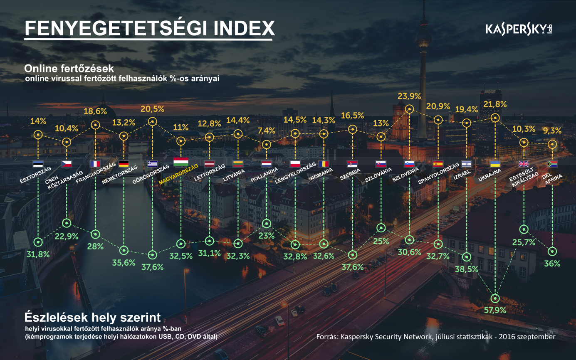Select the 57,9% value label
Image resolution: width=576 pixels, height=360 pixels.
[x=495, y=310]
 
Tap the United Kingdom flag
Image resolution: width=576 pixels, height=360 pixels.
[x=524, y=164]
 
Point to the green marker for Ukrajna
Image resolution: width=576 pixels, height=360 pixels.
[x=495, y=298]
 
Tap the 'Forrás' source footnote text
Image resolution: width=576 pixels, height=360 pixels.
[x=435, y=337]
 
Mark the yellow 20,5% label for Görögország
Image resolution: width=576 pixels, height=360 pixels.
[x=152, y=109]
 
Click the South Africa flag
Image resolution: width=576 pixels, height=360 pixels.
[x=552, y=164]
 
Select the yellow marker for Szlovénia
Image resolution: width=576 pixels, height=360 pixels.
[x=409, y=109]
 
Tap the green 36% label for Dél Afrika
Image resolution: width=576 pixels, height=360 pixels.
[x=552, y=263]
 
